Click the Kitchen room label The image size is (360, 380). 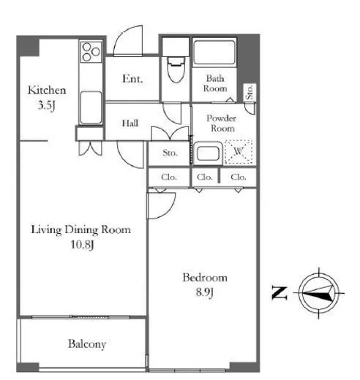click(47, 90)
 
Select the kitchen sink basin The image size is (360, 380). click(91, 107)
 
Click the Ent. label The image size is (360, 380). click(132, 79)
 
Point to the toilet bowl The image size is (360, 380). click(176, 70)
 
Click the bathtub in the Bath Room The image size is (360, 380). click(214, 53)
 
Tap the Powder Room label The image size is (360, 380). click(222, 123)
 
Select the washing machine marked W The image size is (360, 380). click(239, 151)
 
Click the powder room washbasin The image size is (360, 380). click(208, 153)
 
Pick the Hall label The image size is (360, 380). click(130, 123)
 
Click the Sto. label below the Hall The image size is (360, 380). click(170, 153)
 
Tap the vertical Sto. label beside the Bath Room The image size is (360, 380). click(250, 92)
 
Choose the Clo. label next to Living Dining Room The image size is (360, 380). click(169, 177)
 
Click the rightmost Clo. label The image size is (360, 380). click(239, 177)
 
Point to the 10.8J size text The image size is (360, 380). click(82, 244)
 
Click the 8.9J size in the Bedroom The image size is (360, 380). click(205, 292)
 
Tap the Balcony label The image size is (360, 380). click(87, 344)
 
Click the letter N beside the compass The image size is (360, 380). click(280, 293)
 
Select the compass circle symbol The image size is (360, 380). click(319, 293)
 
